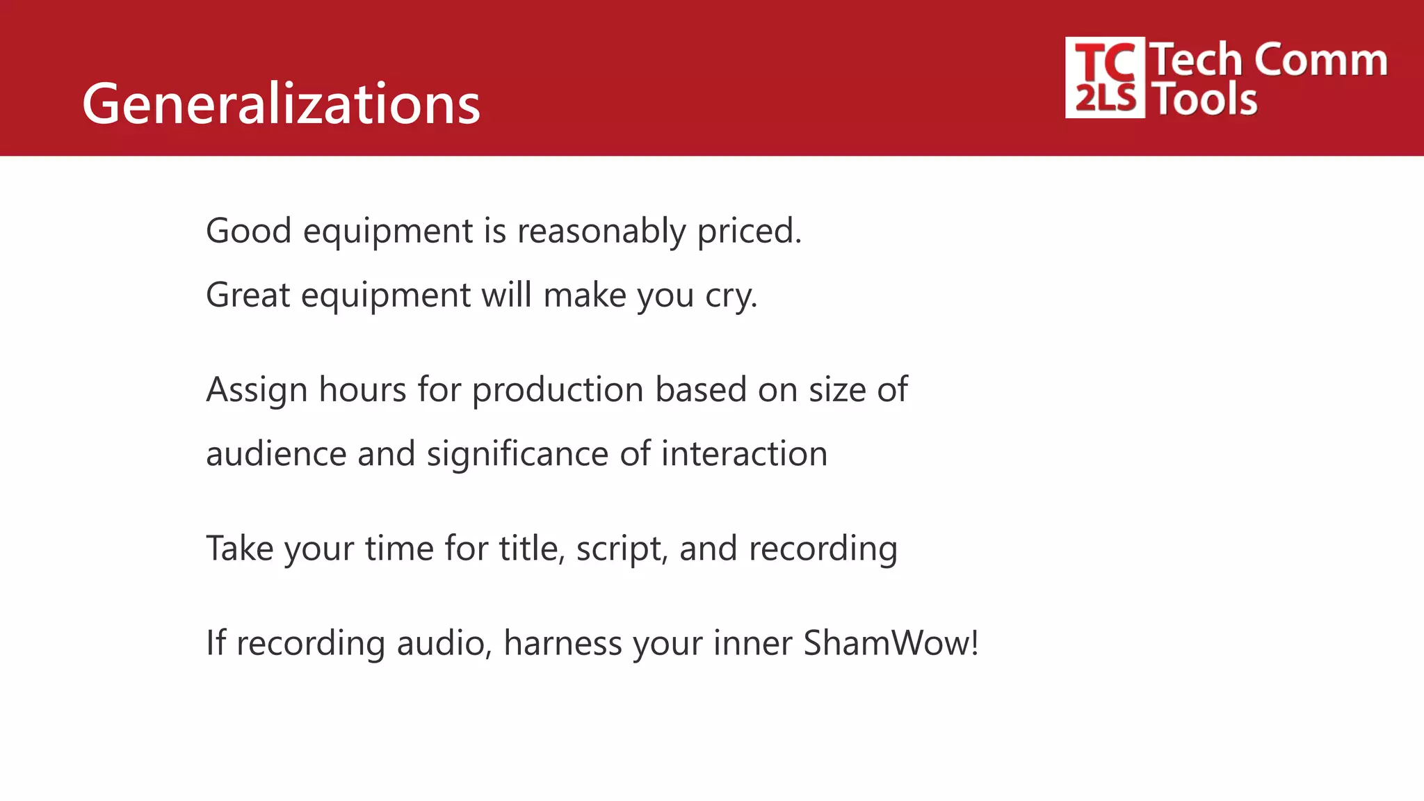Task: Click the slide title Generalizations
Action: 281,104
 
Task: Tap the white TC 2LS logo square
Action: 1105,77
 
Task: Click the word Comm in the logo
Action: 1321,60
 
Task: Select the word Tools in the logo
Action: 1206,99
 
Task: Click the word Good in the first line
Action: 248,230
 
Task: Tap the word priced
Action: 749,232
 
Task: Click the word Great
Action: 248,295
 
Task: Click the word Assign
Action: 257,390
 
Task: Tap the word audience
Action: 276,454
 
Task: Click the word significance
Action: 517,454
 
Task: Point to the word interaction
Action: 744,454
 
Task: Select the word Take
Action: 239,549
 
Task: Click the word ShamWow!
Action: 891,643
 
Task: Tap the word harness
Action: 563,643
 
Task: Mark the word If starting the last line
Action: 216,643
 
